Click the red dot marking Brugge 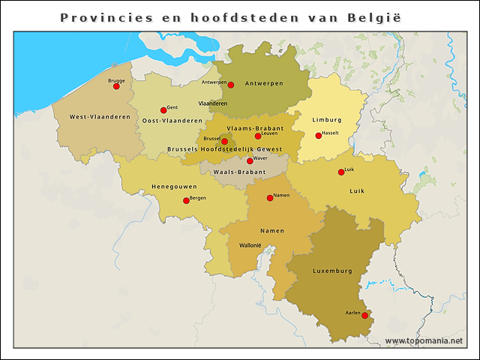116,86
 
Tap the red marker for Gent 163,110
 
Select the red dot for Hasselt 318,136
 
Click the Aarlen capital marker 364,316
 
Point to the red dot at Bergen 186,200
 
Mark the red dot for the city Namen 270,198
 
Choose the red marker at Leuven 257,136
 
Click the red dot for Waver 250,161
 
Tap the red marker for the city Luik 341,172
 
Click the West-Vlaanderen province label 100,117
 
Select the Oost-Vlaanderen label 172,120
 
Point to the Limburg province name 327,120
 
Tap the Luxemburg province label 332,270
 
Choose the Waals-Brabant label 239,172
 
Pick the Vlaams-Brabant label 255,128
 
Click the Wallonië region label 250,245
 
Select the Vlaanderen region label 212,103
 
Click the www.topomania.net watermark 424,341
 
